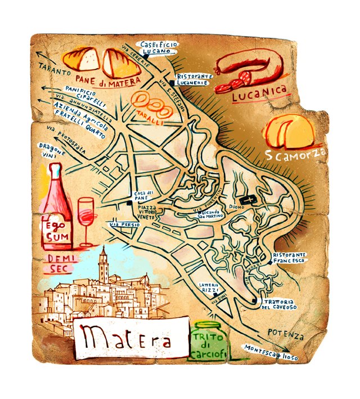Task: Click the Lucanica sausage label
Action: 259,89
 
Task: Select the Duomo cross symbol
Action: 247,200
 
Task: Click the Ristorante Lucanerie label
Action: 193,79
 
